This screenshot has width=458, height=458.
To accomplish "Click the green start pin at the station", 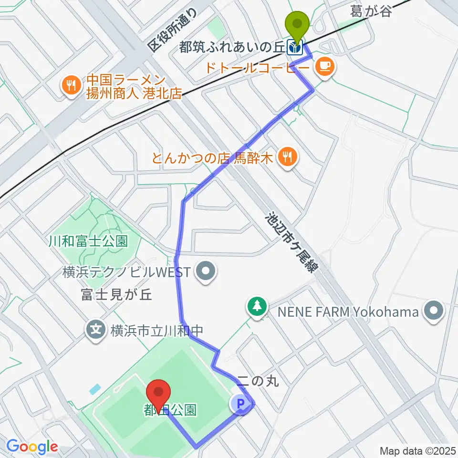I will coord(297,24).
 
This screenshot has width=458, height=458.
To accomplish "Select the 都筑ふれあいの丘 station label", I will coord(232,47).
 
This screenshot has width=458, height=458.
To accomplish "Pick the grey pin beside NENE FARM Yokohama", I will coord(434,312).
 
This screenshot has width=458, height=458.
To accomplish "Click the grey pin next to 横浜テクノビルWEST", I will coord(206,272).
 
